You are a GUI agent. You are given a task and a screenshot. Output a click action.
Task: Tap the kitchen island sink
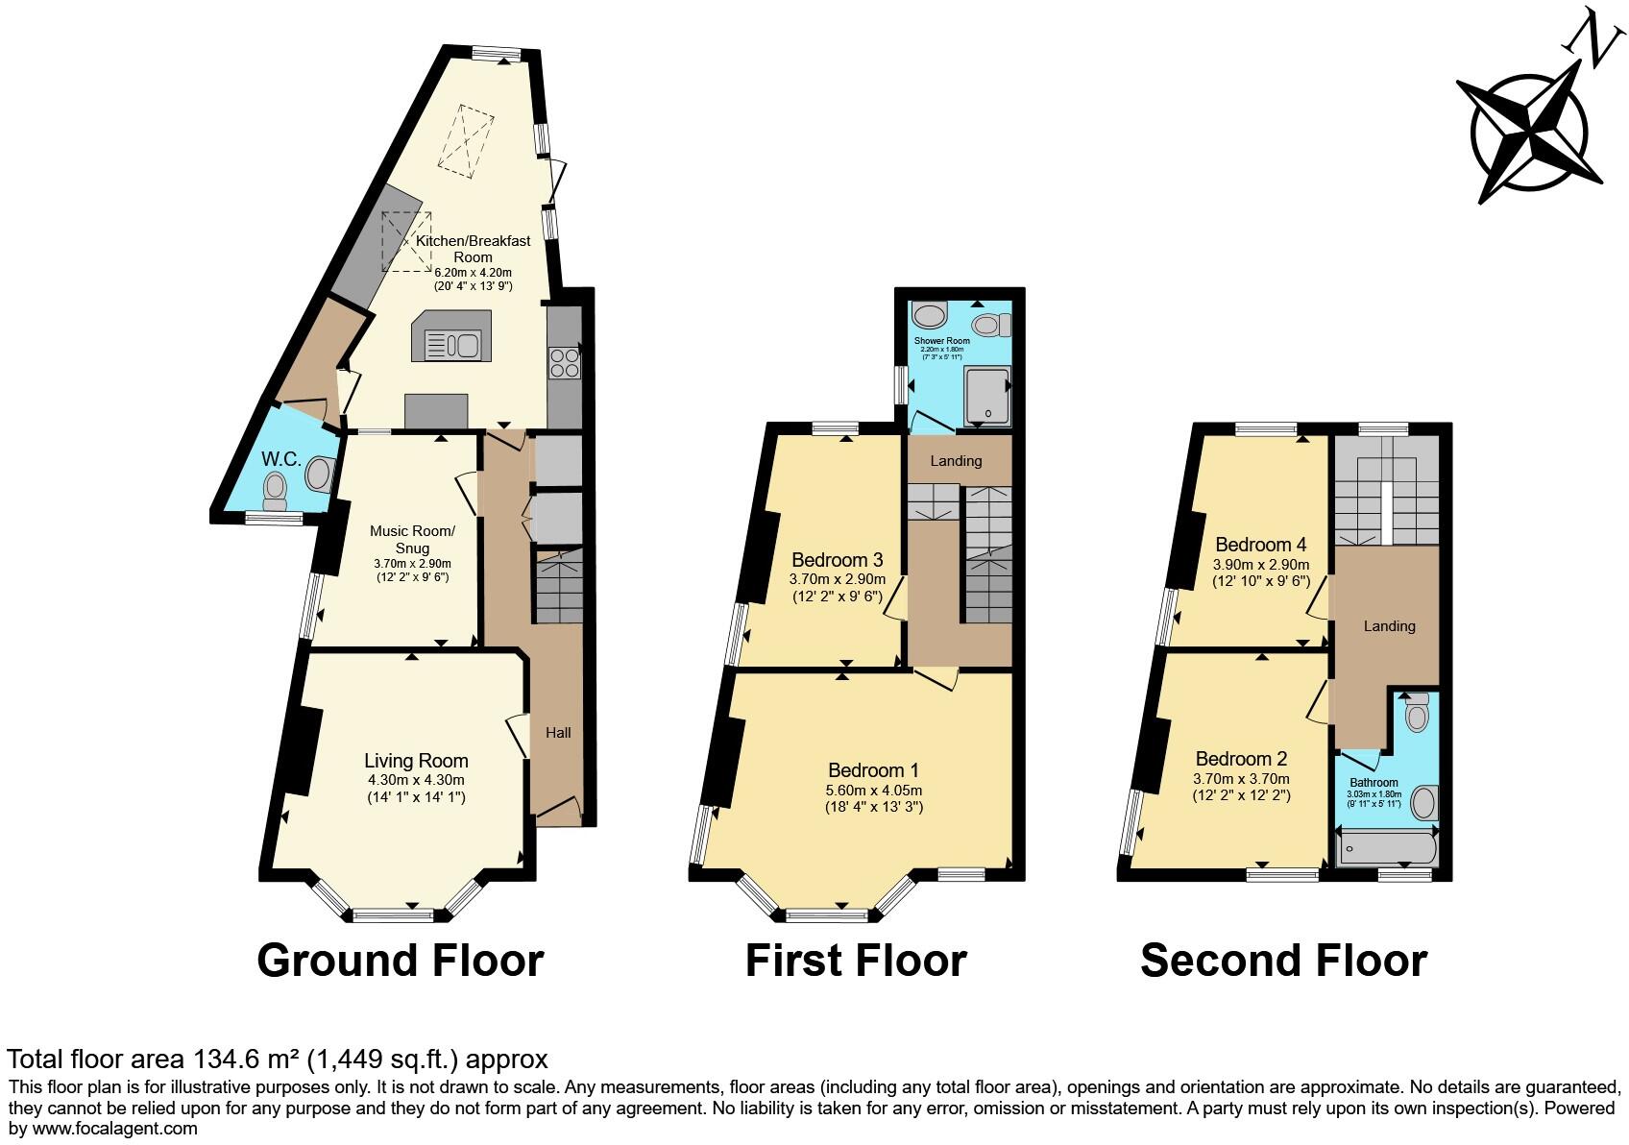coord(453,344)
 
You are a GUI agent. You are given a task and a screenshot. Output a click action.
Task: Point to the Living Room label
coord(416,761)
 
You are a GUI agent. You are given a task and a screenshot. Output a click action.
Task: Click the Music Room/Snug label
coord(412,539)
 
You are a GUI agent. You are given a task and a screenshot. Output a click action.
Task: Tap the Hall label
coord(558,733)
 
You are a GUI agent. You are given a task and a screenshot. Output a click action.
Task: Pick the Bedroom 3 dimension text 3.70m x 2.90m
coord(835,579)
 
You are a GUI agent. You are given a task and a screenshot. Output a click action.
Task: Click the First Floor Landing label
coord(956,461)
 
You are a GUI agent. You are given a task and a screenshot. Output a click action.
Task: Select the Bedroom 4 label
coord(1260,545)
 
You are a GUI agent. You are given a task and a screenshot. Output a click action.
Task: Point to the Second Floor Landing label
coord(1389,626)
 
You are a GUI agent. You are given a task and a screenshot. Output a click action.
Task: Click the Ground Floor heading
coord(400,961)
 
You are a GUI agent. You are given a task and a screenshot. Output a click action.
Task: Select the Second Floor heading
coord(1283,961)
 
